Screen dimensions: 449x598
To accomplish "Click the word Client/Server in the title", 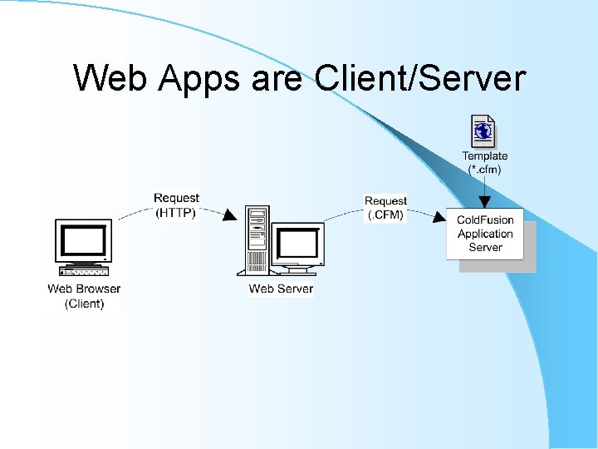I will (x=420, y=78).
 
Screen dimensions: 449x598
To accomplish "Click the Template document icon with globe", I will (x=483, y=131).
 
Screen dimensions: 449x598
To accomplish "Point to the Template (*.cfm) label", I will (x=485, y=162).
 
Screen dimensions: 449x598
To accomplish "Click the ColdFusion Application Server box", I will (x=485, y=234).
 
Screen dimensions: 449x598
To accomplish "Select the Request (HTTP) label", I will (x=176, y=205).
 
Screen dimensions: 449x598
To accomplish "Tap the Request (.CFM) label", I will (x=385, y=208).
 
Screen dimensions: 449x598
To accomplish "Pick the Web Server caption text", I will (x=281, y=289).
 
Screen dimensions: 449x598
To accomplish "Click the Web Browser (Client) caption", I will (x=84, y=296).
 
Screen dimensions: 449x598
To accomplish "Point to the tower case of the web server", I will (x=257, y=239).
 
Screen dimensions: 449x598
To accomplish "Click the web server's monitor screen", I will (x=297, y=243).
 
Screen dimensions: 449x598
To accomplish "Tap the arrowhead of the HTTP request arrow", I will (x=230, y=215).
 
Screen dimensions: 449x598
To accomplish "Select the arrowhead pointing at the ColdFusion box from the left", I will (x=439, y=218).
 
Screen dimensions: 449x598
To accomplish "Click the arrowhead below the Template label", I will (x=485, y=202).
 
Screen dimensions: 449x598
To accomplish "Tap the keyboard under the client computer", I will (x=83, y=271).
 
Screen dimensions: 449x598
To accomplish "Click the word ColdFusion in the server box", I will (x=485, y=220).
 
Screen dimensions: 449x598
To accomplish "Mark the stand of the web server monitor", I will (x=297, y=268).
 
